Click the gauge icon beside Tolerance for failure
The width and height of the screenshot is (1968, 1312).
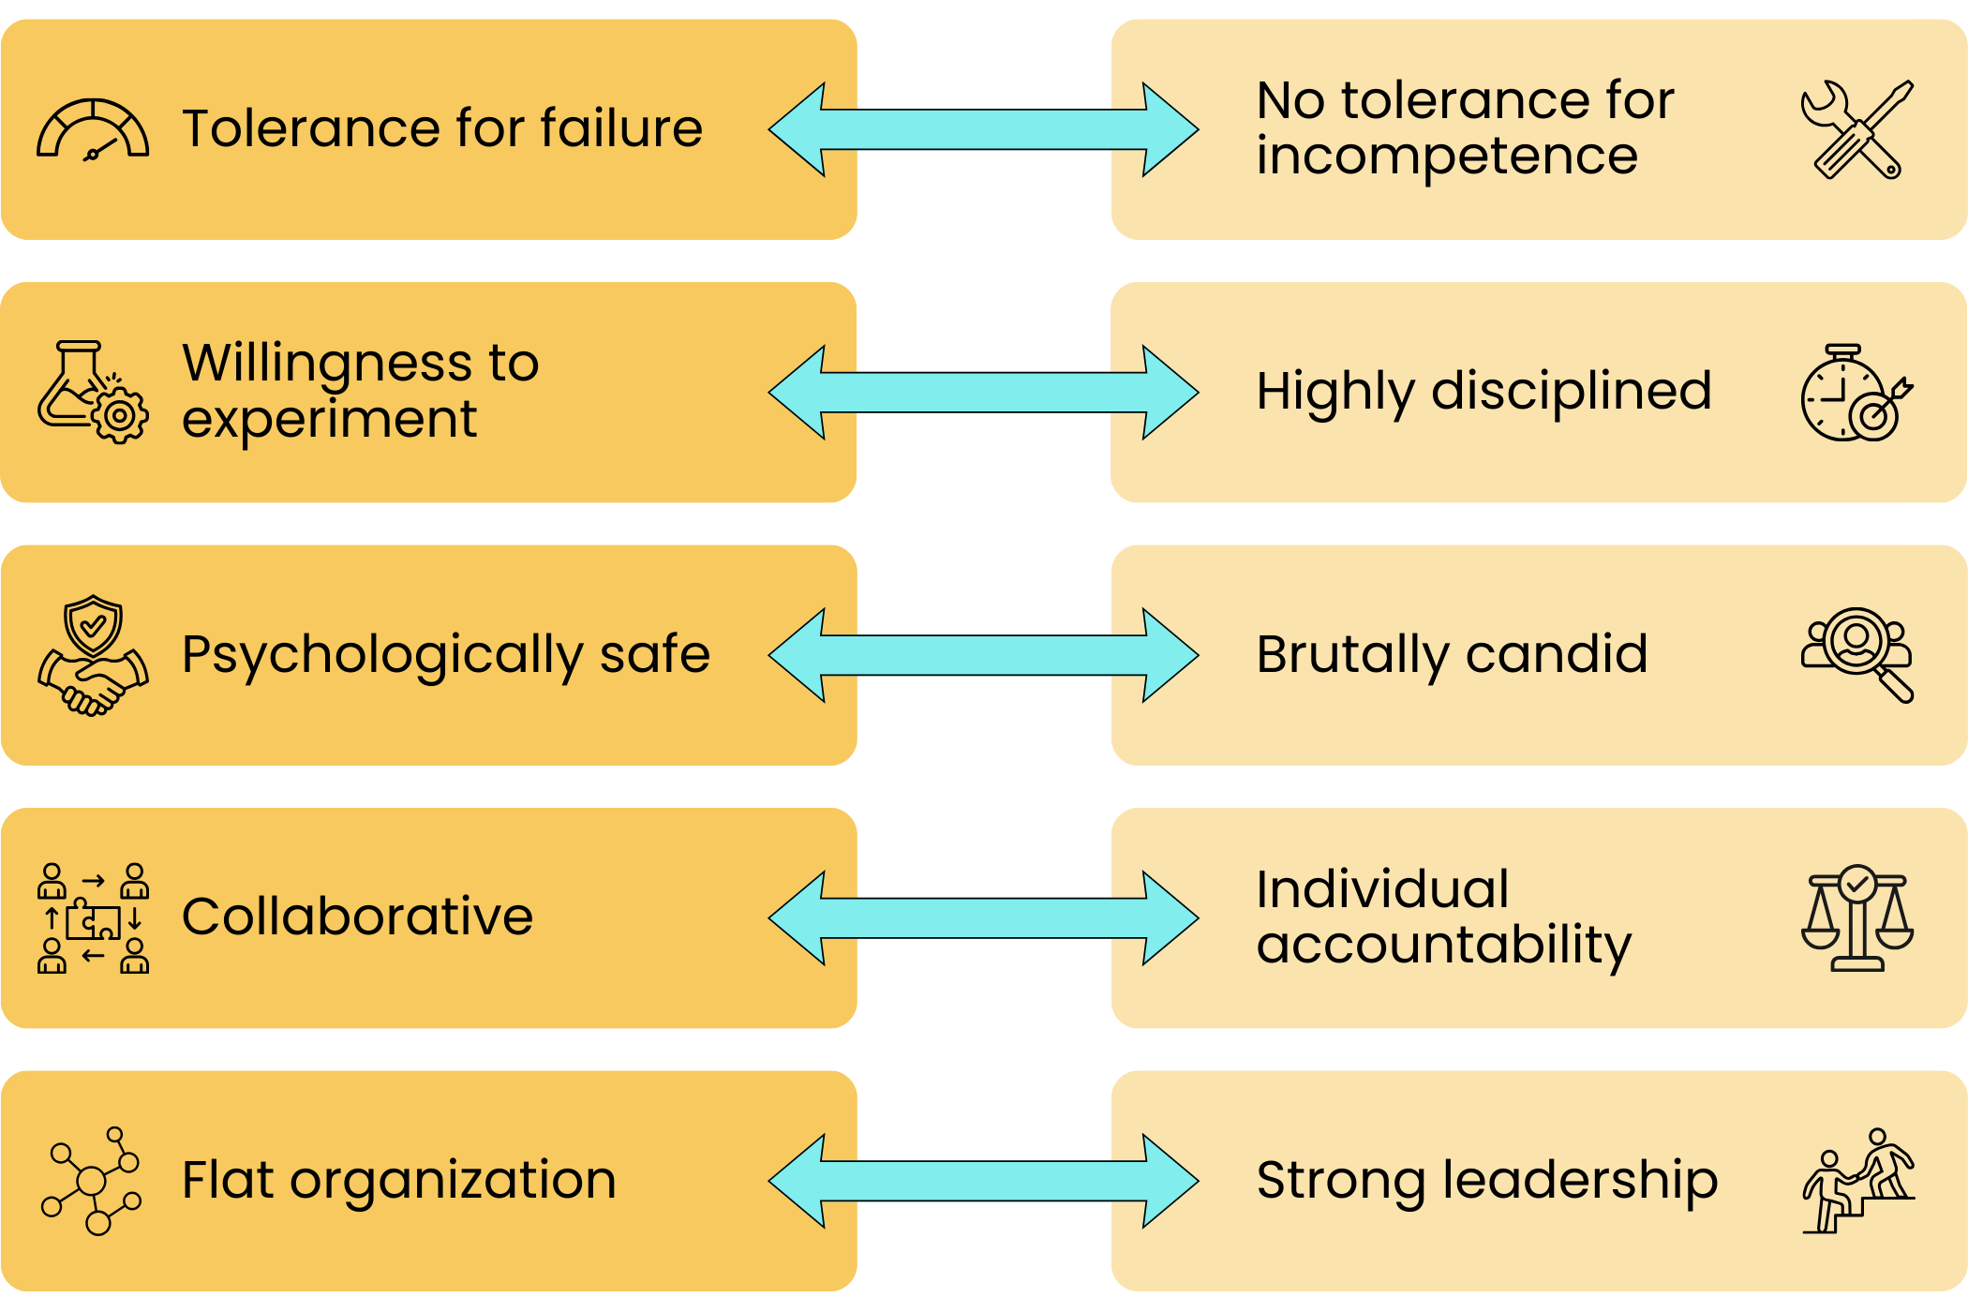[x=93, y=129]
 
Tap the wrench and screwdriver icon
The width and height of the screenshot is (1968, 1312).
[x=1856, y=129]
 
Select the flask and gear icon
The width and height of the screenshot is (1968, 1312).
[x=93, y=392]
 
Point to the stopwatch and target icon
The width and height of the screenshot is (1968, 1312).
[x=1856, y=392]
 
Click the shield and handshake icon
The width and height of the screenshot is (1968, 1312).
[x=93, y=655]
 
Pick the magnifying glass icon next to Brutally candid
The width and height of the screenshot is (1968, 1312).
[x=1856, y=655]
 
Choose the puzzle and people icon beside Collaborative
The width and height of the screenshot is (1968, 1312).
[x=93, y=918]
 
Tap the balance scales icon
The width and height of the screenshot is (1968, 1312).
[x=1856, y=918]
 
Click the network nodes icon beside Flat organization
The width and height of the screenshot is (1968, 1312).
[x=93, y=1181]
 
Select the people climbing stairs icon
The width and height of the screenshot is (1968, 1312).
[x=1856, y=1181]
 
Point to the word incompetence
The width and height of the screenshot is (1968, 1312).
[x=1447, y=156]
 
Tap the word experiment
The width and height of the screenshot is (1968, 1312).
[x=329, y=419]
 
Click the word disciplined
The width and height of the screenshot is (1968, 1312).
[x=1572, y=392]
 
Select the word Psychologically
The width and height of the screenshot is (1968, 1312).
[x=382, y=655]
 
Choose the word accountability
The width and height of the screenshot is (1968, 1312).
[x=1443, y=946]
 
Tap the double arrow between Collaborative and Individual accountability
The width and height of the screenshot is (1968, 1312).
[x=983, y=918]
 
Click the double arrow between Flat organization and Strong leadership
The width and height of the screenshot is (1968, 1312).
[x=983, y=1181]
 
